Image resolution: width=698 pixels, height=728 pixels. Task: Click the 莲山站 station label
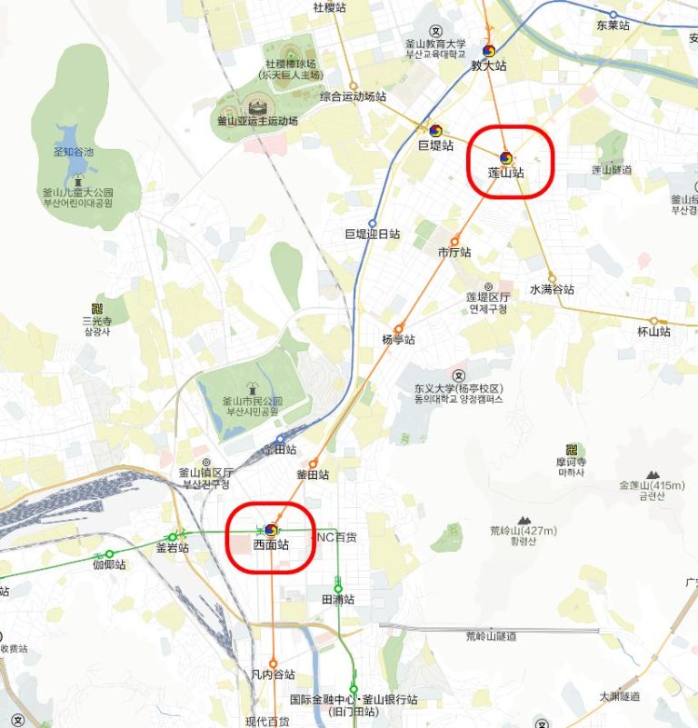pyautogui.click(x=506, y=172)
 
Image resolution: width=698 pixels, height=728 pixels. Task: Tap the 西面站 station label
pyautogui.click(x=271, y=545)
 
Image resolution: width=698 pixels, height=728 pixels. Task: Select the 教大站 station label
pyautogui.click(x=488, y=65)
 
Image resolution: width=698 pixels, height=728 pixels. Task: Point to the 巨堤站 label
pyautogui.click(x=435, y=145)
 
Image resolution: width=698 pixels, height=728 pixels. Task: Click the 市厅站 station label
pyautogui.click(x=454, y=252)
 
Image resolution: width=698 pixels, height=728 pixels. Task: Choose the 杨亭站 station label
pyautogui.click(x=398, y=339)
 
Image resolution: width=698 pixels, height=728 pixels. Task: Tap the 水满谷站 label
pyautogui.click(x=553, y=290)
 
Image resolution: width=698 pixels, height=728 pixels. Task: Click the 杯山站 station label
pyautogui.click(x=653, y=332)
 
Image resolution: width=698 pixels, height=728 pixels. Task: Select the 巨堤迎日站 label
pyautogui.click(x=372, y=234)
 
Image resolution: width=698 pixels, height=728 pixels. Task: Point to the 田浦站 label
pyautogui.click(x=337, y=600)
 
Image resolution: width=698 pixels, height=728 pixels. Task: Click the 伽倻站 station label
pyautogui.click(x=109, y=564)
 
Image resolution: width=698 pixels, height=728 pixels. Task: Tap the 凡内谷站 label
pyautogui.click(x=273, y=674)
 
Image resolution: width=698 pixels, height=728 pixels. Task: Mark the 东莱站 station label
pyautogui.click(x=613, y=25)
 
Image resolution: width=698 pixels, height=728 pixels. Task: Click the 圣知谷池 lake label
pyautogui.click(x=74, y=152)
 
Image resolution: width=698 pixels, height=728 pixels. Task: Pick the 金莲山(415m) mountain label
pyautogui.click(x=652, y=485)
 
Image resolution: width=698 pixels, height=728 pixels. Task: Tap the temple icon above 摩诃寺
pyautogui.click(x=572, y=449)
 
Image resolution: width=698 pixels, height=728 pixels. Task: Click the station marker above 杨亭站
pyautogui.click(x=398, y=328)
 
